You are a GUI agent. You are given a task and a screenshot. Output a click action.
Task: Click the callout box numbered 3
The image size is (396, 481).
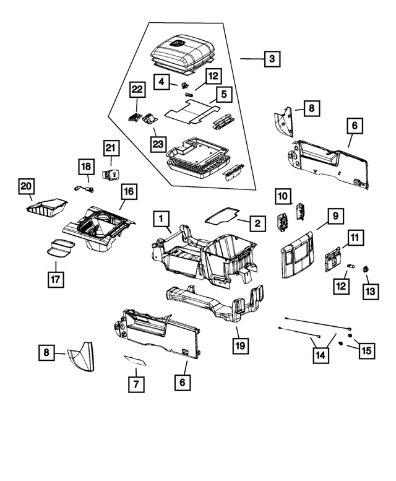[x=272, y=59]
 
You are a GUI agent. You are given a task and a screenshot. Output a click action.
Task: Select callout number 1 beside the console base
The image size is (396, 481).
[x=161, y=218]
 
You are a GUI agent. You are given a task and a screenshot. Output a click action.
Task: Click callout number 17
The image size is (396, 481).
[x=56, y=279]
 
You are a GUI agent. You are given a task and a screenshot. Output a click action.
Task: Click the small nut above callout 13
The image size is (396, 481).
[x=365, y=269]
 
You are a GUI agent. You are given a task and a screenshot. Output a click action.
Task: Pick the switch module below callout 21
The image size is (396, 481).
[x=113, y=175]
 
